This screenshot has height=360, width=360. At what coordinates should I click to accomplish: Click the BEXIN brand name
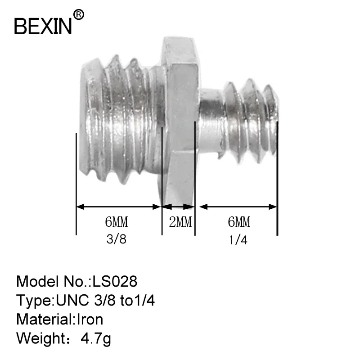[43, 26]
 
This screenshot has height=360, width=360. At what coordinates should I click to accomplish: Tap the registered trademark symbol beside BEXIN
[78, 15]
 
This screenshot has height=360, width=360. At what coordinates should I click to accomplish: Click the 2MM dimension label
[180, 222]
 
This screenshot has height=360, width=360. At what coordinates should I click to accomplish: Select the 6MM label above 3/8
[117, 222]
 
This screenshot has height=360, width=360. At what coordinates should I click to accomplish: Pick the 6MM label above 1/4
[238, 222]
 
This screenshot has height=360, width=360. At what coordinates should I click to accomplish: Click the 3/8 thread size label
[117, 239]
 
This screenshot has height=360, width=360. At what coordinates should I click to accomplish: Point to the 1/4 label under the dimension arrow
[238, 240]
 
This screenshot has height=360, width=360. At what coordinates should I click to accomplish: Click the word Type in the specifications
[34, 301]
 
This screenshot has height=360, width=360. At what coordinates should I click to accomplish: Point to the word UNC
[72, 301]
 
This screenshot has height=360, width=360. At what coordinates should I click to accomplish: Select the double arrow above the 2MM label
[179, 207]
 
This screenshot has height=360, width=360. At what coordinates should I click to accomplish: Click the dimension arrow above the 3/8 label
[119, 207]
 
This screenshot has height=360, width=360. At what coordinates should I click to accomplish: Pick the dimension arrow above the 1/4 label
[238, 207]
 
